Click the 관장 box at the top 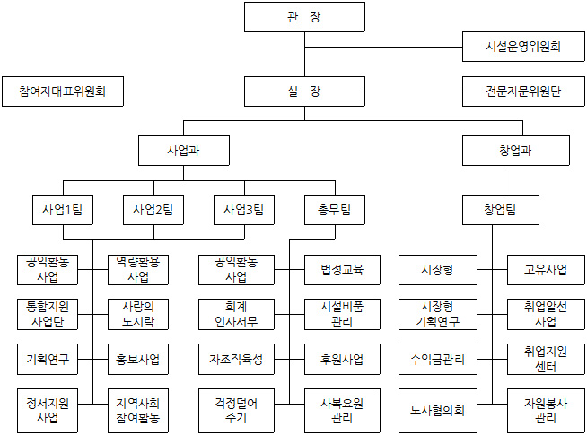(x=304, y=17)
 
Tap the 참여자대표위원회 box (x=63, y=91)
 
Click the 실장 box (x=304, y=91)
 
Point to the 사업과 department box (x=183, y=150)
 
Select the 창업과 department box (x=514, y=150)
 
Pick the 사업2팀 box (x=153, y=210)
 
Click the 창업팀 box (x=500, y=210)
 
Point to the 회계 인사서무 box (x=238, y=314)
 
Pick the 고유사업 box (x=546, y=269)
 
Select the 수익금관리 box (x=437, y=360)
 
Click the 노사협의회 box (x=437, y=411)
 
